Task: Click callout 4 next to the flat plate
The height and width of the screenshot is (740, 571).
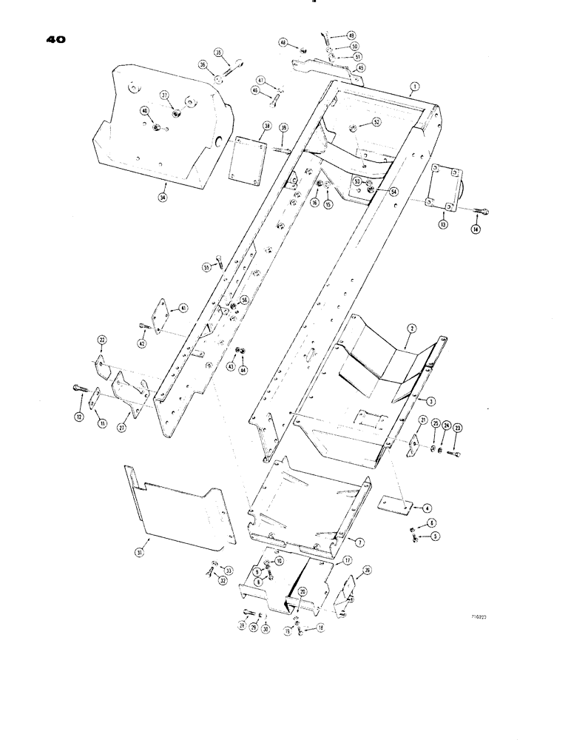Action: coord(427,509)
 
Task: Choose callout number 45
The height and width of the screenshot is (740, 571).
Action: coord(360,67)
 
